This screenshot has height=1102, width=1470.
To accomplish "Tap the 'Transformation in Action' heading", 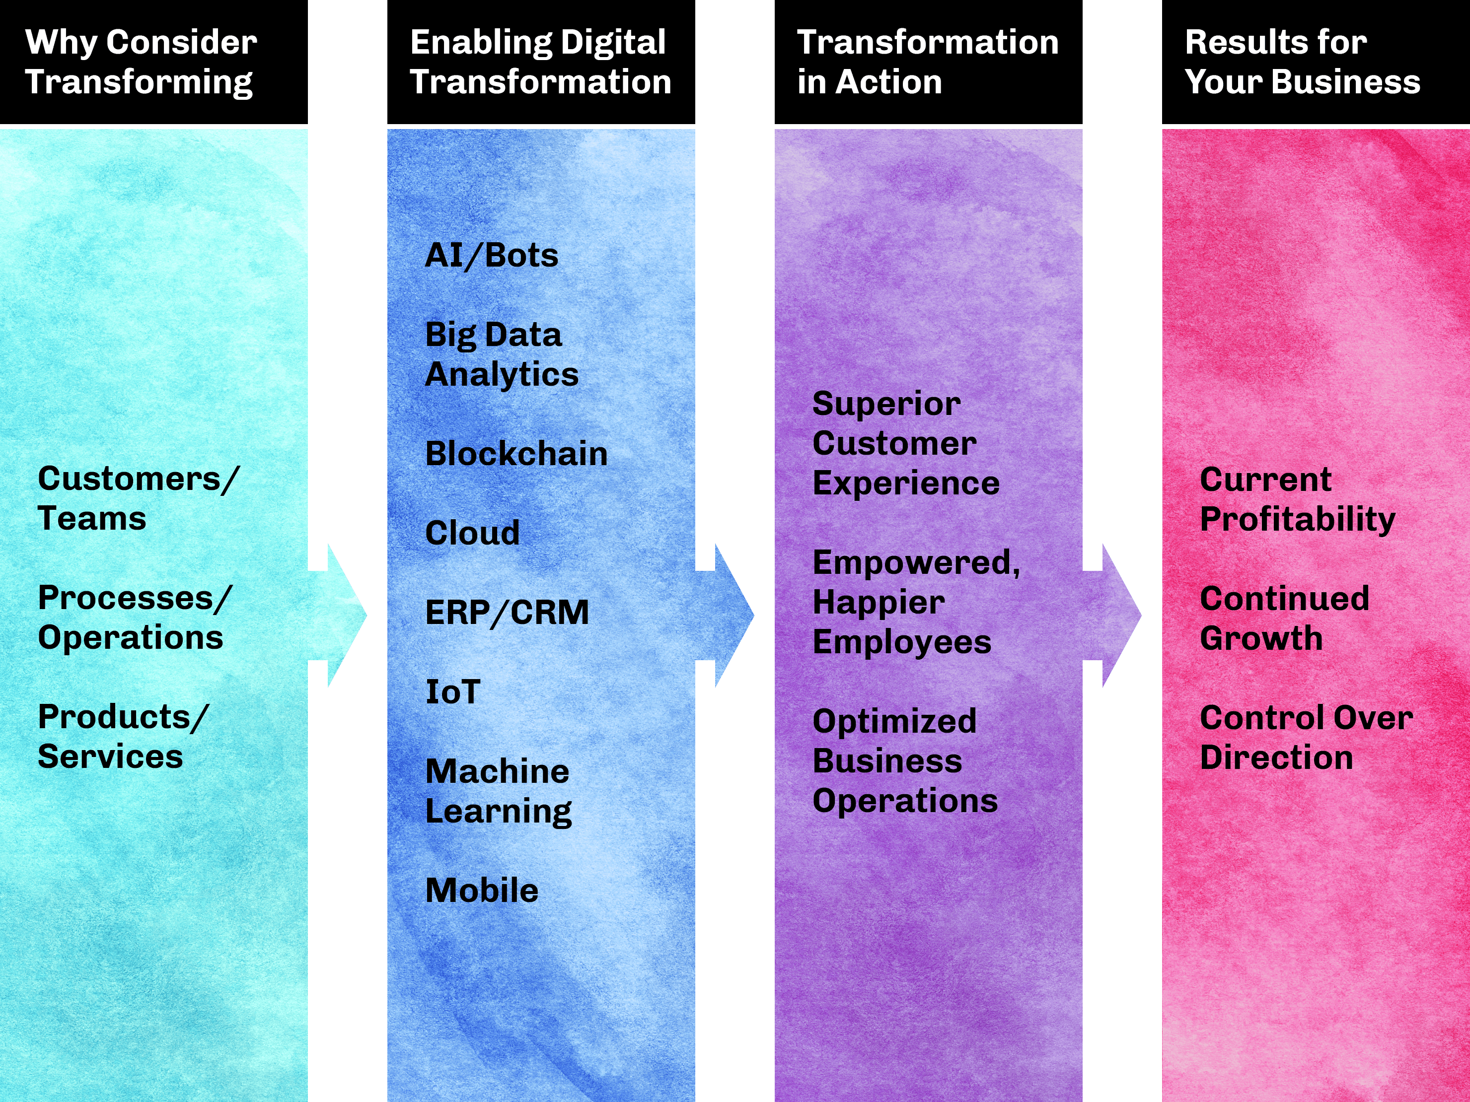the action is (928, 62).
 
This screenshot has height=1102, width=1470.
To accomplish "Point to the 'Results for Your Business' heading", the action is (1303, 62).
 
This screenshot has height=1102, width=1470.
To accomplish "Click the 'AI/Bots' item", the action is (492, 256).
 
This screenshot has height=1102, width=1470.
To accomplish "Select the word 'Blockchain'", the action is (516, 454).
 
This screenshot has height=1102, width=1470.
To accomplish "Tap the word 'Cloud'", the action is (472, 533).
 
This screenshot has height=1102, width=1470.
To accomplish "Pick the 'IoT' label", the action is (452, 692).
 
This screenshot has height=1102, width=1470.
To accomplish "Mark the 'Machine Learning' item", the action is (499, 792).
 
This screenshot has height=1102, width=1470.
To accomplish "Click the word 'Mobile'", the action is (482, 890).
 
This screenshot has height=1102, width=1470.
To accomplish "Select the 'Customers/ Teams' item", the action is (138, 498).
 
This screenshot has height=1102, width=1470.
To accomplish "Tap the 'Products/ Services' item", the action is (123, 737).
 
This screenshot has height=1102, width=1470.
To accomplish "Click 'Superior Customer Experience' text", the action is (906, 443).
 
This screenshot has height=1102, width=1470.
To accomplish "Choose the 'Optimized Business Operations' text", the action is (905, 760).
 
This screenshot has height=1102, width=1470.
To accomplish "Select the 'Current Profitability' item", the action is (1297, 499).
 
